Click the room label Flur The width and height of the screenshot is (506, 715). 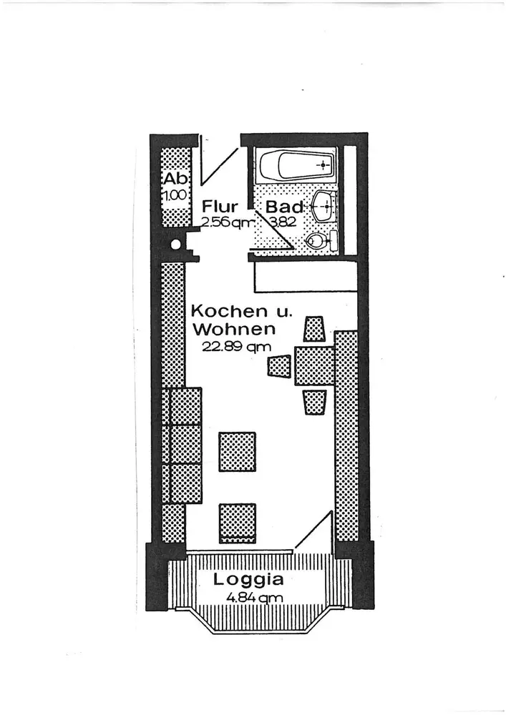click(220, 207)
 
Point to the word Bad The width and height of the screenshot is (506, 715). click(284, 207)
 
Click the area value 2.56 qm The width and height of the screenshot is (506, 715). click(226, 222)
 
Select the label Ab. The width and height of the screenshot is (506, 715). click(174, 179)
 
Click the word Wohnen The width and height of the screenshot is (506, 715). click(234, 330)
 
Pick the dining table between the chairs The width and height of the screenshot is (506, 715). click(314, 365)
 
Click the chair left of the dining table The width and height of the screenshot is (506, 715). click(278, 366)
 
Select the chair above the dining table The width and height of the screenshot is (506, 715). click(314, 329)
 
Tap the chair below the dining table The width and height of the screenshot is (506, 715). click(314, 402)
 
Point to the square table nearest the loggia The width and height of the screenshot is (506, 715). click(238, 523)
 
